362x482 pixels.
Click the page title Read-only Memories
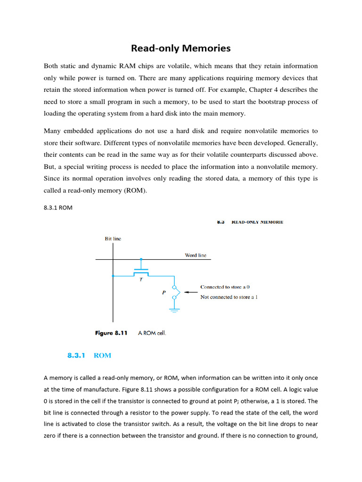click(181, 48)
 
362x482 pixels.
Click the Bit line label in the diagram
click(113, 239)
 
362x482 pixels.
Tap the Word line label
click(195, 255)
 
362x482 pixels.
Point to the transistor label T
click(141, 279)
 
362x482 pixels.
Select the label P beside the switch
click(164, 292)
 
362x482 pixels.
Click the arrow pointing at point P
click(190, 292)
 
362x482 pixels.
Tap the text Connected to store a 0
click(225, 287)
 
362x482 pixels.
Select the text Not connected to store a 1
click(229, 297)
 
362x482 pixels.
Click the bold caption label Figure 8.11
click(111, 333)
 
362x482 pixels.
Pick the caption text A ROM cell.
click(152, 333)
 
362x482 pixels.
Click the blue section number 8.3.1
click(75, 355)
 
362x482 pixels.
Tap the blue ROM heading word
click(102, 355)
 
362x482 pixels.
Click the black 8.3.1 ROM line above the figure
click(58, 208)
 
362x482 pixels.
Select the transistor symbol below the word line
click(141, 272)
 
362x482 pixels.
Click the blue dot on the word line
click(141, 259)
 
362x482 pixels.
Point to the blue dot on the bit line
click(113, 276)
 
